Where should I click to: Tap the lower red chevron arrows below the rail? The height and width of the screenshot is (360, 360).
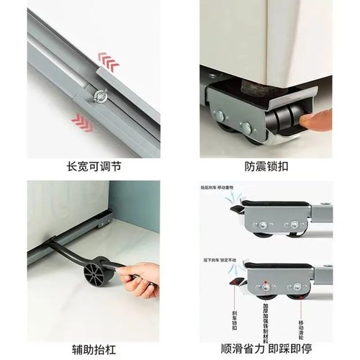[82, 122]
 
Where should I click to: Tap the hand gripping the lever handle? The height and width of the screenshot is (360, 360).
[140, 279]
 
